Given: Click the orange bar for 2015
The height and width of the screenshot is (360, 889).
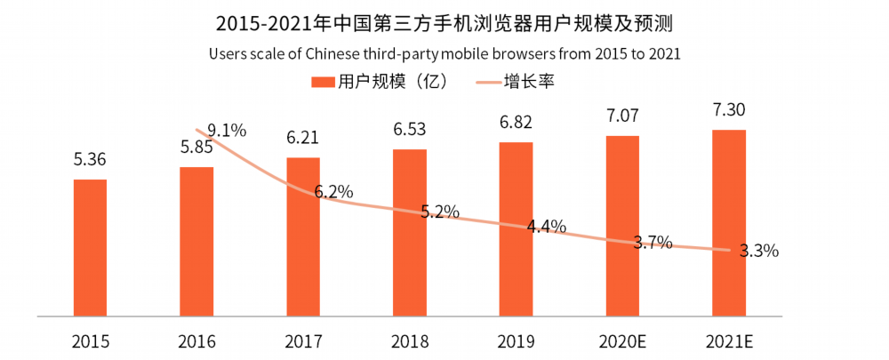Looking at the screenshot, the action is pos(90,247).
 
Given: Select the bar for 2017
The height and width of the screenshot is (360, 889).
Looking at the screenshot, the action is pos(303,236).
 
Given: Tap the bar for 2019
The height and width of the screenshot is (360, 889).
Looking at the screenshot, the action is pos(516,229).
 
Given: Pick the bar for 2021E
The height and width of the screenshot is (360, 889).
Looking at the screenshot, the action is pos(729,223).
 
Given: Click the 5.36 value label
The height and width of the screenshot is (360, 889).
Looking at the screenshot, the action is pos(90,160).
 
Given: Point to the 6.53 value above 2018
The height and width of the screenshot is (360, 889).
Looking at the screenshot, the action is pos(410,130).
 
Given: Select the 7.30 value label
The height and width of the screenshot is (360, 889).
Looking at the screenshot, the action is pos(729,110).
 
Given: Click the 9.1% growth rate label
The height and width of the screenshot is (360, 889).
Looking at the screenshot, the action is pos(227,132).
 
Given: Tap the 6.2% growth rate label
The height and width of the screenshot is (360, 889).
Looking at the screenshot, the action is pos(334,192).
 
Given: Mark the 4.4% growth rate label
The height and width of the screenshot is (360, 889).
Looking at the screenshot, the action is pos(547,227).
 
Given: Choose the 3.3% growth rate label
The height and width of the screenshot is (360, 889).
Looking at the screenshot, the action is pos(759,250).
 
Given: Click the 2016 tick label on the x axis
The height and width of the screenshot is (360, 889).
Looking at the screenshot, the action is pos(196,342).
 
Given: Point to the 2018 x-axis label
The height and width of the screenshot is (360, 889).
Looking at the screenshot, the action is pos(410,342).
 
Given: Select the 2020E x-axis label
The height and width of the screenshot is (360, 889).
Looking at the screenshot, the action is pos(622,342).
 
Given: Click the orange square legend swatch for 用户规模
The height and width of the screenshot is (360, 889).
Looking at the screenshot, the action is pos(322,82).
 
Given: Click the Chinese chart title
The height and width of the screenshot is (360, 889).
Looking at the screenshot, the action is pos(444,25).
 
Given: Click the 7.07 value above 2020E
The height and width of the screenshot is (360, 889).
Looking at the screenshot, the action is pos(622,116).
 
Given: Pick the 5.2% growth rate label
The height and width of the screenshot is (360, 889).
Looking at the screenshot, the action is pos(440,212).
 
